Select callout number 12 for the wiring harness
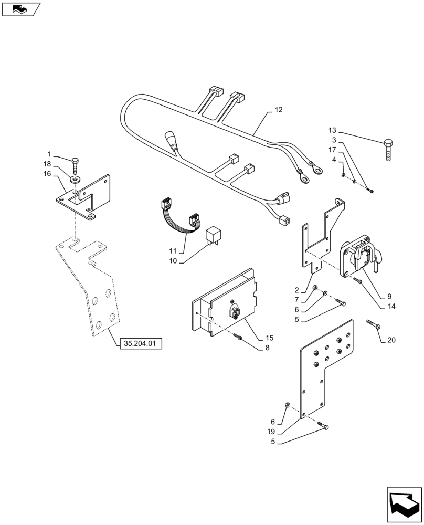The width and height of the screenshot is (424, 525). [278, 110]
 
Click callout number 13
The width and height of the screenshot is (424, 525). [332, 130]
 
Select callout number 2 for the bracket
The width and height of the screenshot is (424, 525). [297, 290]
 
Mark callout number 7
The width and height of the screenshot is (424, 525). [297, 300]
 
